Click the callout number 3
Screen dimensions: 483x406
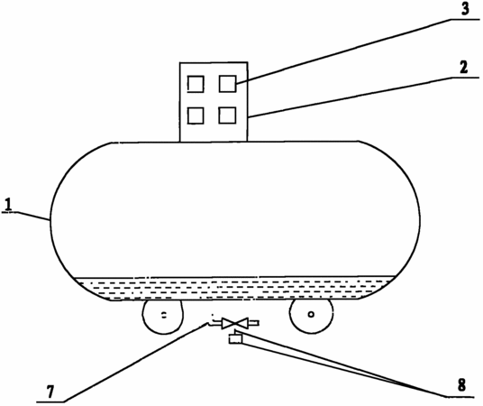pos(465,9)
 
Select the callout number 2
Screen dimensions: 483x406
pos(463,68)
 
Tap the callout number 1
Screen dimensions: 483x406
pos(10,205)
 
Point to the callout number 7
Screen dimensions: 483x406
pos(50,392)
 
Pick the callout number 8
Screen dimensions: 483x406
pos(461,385)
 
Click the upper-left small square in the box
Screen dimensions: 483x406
pos(196,84)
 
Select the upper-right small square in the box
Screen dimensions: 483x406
pos(228,84)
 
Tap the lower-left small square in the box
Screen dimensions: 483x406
pos(196,115)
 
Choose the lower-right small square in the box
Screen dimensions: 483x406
pos(227,115)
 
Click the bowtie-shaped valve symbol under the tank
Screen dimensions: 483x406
pos(234,323)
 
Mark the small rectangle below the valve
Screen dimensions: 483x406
pos(235,339)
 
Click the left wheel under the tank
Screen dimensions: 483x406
pos(162,317)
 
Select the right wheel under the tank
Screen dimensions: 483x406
pos(312,316)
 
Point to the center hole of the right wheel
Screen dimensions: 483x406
pos(311,314)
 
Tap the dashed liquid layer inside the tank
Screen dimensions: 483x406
pos(234,288)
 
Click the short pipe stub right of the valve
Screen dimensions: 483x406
pos(253,323)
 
